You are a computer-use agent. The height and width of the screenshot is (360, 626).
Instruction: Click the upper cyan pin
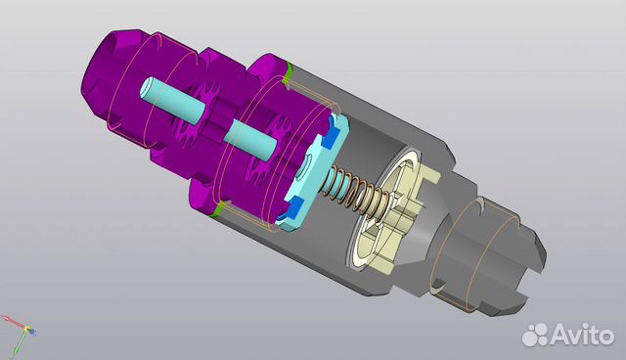click(x=172, y=100)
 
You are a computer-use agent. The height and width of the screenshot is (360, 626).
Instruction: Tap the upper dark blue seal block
click(x=332, y=137)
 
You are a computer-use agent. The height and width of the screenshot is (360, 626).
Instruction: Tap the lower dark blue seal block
click(x=294, y=207)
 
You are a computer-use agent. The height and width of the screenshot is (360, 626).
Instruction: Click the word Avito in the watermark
click(x=582, y=335)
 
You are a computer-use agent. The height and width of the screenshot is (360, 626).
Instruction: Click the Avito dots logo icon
click(x=535, y=335)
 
